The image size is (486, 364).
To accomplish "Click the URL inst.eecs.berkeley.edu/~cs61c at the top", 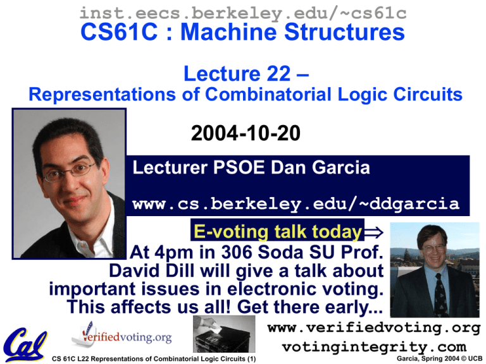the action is click(243, 13).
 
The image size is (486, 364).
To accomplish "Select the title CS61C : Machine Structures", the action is click(243, 32).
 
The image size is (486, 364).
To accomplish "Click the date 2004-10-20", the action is click(246, 133).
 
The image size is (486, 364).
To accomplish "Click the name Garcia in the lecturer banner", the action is click(340, 167).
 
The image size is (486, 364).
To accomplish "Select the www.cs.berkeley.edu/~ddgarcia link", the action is click(296, 204).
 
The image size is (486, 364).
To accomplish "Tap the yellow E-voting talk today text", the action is click(278, 232).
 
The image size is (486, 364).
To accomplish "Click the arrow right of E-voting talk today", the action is click(374, 232).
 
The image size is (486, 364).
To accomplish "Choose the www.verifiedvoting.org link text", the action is click(374, 328).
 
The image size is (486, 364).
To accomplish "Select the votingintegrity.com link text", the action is click(374, 347).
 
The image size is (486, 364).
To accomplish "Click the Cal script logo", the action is click(25, 344).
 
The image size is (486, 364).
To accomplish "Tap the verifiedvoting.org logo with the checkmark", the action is click(121, 336).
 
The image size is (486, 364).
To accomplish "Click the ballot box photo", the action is click(224, 334).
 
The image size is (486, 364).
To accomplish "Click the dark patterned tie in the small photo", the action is click(441, 295).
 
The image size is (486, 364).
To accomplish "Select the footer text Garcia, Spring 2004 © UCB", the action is click(439, 359).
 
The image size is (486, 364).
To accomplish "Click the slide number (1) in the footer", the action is click(251, 359).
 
